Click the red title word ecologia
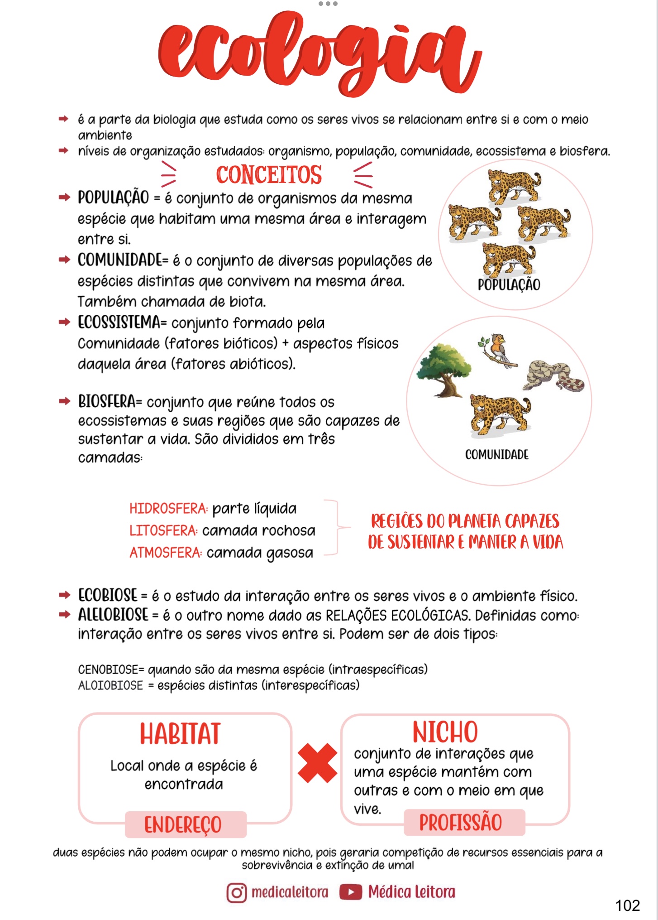click(319, 52)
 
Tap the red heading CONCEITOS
click(269, 175)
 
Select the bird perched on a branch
click(498, 350)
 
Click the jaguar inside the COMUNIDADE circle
click(500, 414)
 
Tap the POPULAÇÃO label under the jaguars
click(509, 284)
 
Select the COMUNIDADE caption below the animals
click(496, 454)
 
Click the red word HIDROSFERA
click(168, 509)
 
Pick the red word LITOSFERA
click(163, 530)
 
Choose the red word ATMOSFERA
click(165, 553)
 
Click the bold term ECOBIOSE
click(108, 595)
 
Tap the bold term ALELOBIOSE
click(113, 615)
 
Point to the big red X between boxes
click(317, 763)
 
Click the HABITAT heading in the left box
click(180, 734)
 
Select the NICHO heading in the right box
click(445, 732)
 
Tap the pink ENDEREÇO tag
click(183, 824)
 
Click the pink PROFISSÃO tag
click(461, 822)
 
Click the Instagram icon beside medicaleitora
click(236, 893)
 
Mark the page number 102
click(627, 905)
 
